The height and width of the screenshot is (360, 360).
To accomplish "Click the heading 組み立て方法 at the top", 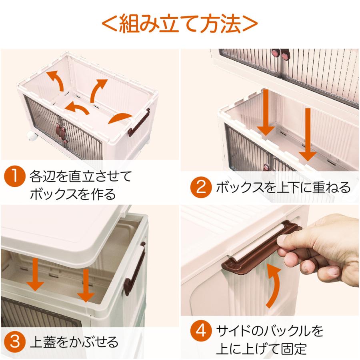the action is pyautogui.click(x=180, y=23).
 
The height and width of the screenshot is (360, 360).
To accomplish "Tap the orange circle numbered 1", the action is pyautogui.click(x=14, y=176).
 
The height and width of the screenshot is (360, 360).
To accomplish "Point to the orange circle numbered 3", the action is pyautogui.click(x=14, y=342).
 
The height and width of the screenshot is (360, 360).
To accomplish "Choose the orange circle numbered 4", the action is pyautogui.click(x=201, y=331).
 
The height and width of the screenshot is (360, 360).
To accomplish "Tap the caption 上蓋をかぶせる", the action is pyautogui.click(x=74, y=342).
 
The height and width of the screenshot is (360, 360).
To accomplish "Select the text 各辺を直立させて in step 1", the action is pyautogui.click(x=80, y=176).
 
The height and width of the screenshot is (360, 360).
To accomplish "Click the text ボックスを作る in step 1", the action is pyautogui.click(x=73, y=194).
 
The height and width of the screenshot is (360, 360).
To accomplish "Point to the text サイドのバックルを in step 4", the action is pyautogui.click(x=270, y=331).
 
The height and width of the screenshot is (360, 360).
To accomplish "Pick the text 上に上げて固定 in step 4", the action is pyautogui.click(x=262, y=348).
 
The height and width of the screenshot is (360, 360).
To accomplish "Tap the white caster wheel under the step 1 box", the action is pyautogui.click(x=32, y=136).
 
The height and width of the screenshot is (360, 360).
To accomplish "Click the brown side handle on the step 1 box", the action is pyautogui.click(x=138, y=123).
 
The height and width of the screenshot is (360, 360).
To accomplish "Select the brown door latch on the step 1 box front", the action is pyautogui.click(x=61, y=133).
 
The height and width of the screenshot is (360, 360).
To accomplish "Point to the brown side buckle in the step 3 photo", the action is pyautogui.click(x=134, y=269).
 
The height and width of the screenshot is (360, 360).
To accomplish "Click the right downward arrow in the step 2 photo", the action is pyautogui.click(x=308, y=134).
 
